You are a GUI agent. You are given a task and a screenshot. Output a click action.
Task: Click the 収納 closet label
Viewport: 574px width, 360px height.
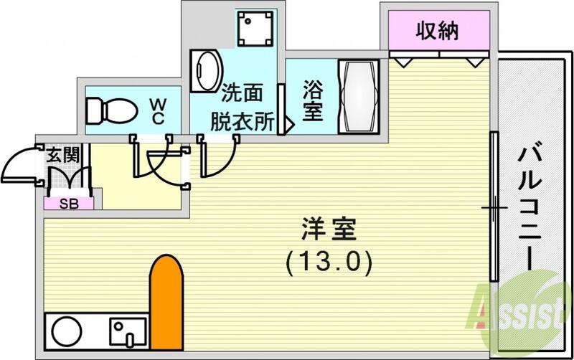(x=439, y=31)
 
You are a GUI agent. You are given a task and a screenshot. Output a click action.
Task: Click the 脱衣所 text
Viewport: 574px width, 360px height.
(x=242, y=120)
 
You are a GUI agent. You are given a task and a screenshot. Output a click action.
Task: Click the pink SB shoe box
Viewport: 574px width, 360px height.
(x=69, y=203)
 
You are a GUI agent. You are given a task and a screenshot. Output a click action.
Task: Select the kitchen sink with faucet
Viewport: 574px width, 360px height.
(x=128, y=332)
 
